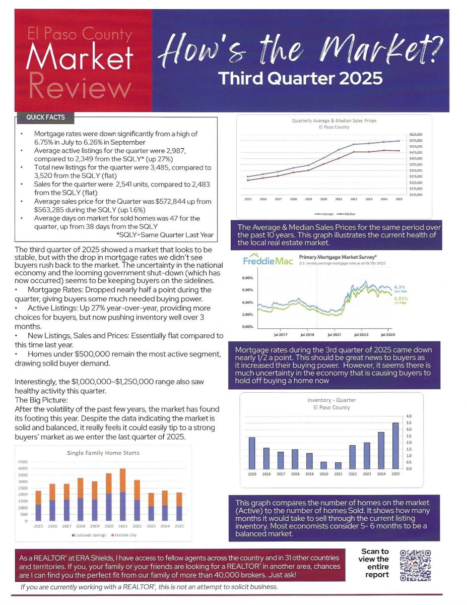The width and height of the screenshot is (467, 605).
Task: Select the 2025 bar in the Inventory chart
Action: pyautogui.click(x=395, y=446)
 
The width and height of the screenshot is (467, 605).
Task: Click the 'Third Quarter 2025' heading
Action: pyautogui.click(x=300, y=79)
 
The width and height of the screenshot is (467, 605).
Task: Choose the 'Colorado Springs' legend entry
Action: pyautogui.click(x=90, y=534)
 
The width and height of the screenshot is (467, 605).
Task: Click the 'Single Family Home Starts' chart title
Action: pyautogui.click(x=103, y=453)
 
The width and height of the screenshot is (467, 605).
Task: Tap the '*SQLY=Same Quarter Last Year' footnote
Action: pyautogui.click(x=165, y=234)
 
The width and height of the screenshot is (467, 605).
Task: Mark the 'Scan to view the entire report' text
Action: pyautogui.click(x=374, y=563)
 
